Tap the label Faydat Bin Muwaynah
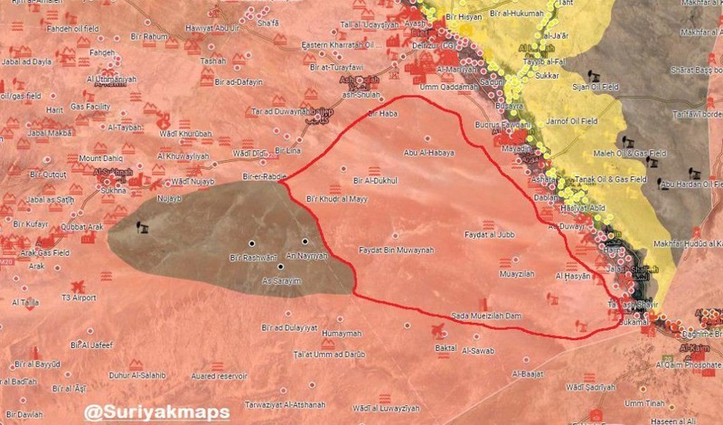397,250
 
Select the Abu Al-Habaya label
427,153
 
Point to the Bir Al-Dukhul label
377,180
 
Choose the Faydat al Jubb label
489,234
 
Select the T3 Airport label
79,297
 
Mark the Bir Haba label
383,113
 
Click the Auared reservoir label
220,373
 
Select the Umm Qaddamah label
441,87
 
